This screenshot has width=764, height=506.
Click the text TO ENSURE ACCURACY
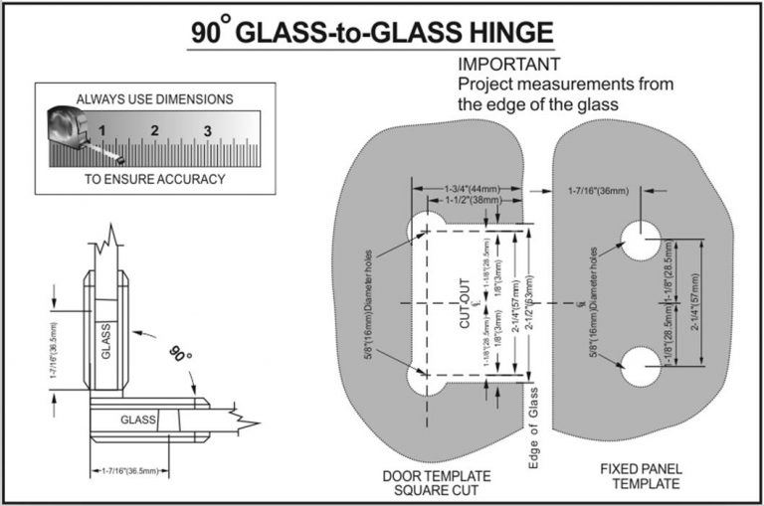154,180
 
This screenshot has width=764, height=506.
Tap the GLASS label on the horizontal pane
138,420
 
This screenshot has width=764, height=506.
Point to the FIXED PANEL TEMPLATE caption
640,475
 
